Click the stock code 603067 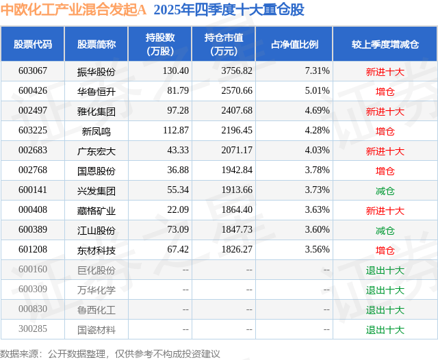click(33, 71)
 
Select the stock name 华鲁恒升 click(96, 91)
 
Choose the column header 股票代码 click(33, 44)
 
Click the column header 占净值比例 click(295, 44)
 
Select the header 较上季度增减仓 click(385, 44)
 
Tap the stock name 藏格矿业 click(96, 211)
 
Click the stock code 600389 click(33, 231)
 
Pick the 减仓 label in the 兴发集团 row click(385, 191)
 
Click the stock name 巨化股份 click(96, 270)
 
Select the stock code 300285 click(33, 330)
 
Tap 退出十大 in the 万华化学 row click(385, 290)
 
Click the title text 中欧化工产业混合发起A click(74, 10)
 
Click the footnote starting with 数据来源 click(110, 353)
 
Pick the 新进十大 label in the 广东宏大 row click(385, 151)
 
